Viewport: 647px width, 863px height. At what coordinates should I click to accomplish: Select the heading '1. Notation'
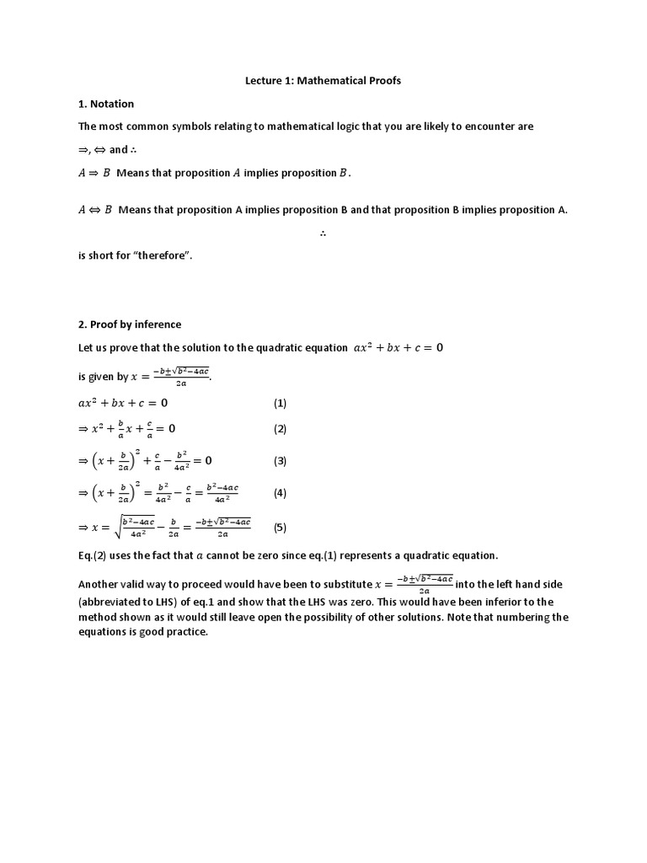(106, 104)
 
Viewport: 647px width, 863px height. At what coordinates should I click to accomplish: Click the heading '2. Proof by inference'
(130, 324)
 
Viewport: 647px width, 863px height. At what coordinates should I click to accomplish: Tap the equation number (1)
(280, 403)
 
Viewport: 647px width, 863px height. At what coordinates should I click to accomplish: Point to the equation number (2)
(280, 429)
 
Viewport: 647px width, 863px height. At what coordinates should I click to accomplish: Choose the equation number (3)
(280, 461)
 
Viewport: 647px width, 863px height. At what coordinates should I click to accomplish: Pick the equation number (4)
(280, 493)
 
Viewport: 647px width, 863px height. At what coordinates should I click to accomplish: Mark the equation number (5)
(280, 528)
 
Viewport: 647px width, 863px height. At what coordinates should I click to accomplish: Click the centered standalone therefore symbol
(323, 233)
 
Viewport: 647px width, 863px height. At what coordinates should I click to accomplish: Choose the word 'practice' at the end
(185, 633)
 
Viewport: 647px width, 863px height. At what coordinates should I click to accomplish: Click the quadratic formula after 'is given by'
(169, 377)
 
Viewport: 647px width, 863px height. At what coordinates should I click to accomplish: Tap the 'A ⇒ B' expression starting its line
(94, 174)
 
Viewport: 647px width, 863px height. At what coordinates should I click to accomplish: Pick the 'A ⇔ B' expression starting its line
(95, 211)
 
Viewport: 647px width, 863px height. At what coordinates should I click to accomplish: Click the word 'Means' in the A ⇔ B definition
(135, 211)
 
